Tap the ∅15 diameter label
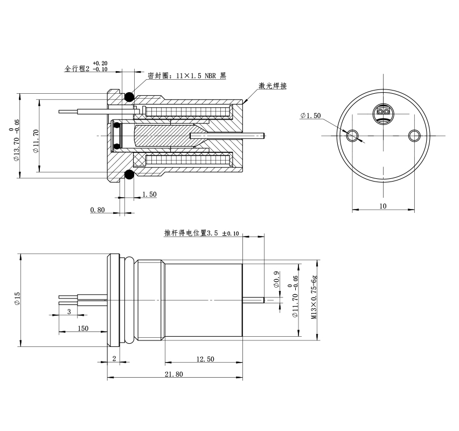16,298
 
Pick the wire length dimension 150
83,328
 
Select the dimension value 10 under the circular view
383,206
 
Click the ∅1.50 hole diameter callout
311,115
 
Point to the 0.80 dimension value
98,210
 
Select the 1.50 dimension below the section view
149,194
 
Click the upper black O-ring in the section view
129,97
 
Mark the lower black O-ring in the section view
129,175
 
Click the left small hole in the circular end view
353,134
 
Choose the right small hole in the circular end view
414,134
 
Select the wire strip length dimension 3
69,311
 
